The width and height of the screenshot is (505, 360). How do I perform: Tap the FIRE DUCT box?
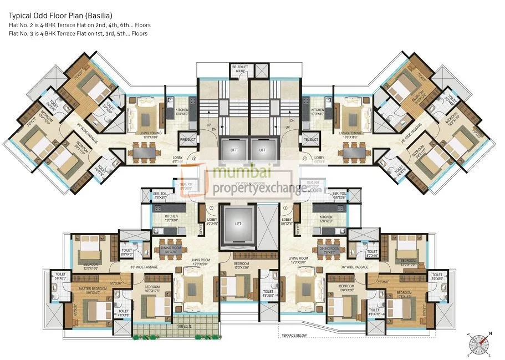click(187, 140)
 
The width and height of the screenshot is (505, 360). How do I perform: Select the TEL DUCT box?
click(309, 140)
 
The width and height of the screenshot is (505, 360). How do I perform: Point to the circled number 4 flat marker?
click(195, 159)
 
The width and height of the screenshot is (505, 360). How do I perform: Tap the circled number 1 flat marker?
click(305, 159)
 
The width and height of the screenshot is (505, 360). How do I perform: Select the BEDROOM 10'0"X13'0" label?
click(241, 265)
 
